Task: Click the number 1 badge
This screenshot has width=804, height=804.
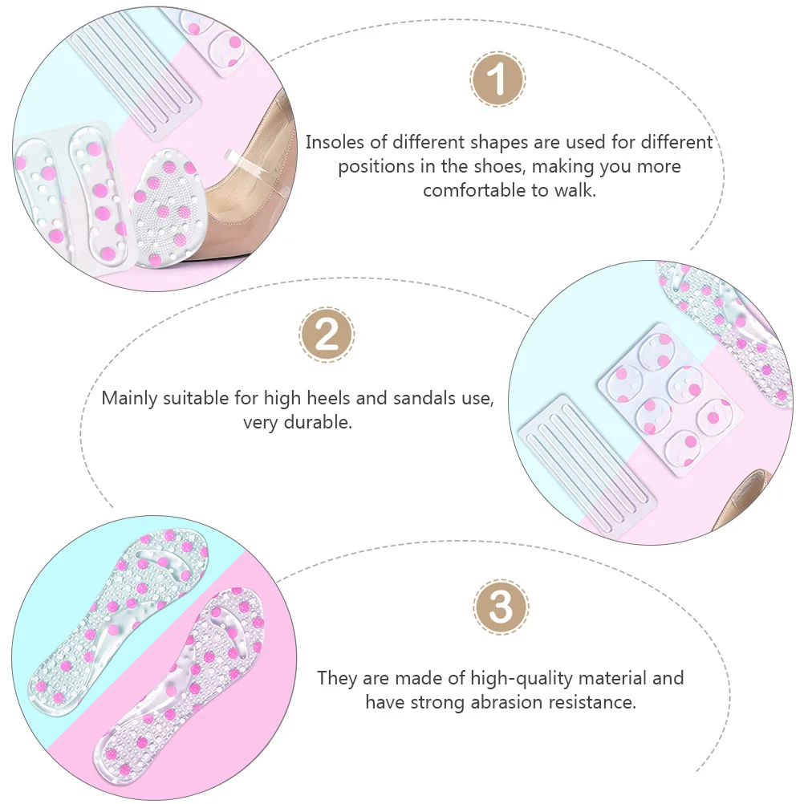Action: (x=497, y=79)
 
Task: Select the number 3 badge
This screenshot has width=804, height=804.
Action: (x=501, y=607)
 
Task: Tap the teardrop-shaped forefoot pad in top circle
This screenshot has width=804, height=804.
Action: (x=166, y=209)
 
